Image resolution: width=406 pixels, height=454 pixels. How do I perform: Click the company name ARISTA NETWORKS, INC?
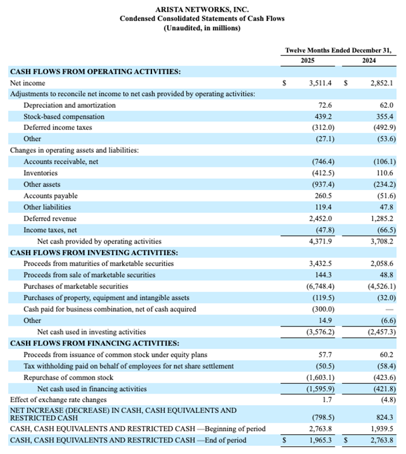202,9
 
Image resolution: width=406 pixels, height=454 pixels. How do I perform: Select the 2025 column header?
308,60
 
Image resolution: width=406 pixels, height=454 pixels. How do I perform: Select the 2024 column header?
368,60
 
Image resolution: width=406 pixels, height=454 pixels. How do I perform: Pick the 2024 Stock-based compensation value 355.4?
383,117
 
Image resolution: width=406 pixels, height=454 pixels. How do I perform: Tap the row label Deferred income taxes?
57,128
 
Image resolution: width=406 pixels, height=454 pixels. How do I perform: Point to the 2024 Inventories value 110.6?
383,173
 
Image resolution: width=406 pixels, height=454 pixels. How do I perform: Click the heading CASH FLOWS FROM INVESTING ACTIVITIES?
93,252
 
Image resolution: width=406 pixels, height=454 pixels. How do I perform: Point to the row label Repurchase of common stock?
68,377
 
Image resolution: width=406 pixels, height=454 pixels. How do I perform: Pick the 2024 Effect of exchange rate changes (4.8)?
385,399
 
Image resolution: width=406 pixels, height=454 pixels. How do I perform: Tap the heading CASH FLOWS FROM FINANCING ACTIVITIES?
94,343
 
